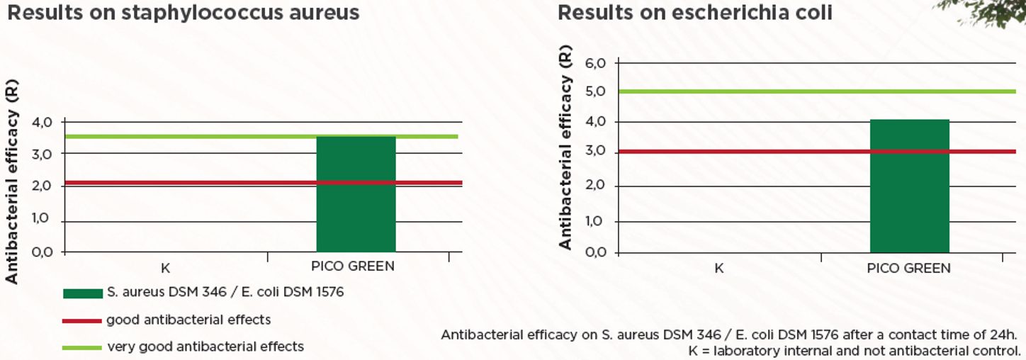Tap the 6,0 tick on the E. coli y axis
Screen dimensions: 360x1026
point(596,63)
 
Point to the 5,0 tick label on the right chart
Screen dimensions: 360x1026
point(596,91)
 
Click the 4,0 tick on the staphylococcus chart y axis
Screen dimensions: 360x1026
point(43,122)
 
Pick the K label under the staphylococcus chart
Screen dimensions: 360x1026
point(165,268)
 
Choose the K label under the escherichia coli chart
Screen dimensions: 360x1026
point(718,269)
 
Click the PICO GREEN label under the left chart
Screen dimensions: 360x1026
point(352,267)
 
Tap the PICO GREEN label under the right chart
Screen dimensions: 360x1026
point(909,269)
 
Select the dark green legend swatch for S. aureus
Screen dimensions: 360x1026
point(82,293)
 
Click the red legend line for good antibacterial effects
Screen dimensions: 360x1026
point(82,321)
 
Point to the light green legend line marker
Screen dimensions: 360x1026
point(82,347)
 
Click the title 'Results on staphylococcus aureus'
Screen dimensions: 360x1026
point(183,12)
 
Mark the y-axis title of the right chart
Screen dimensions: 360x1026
point(565,152)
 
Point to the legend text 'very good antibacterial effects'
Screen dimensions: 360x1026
point(205,347)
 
